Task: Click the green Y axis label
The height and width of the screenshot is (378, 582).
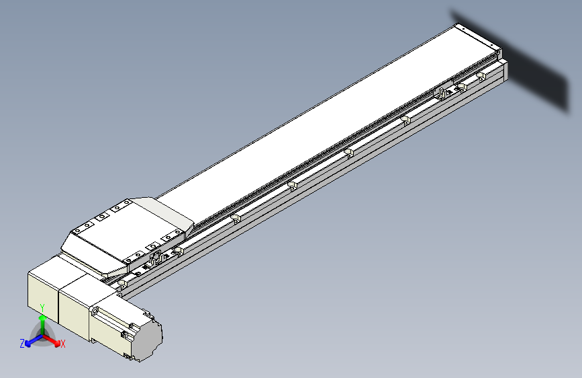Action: click(x=42, y=308)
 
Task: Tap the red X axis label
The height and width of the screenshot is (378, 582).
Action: click(x=62, y=344)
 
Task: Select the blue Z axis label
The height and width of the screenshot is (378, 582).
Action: click(x=22, y=344)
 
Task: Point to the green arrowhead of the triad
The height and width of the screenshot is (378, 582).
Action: click(x=43, y=318)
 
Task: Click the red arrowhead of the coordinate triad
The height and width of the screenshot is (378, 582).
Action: click(x=57, y=342)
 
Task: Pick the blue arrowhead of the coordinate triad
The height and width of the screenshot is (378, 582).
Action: click(x=28, y=344)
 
